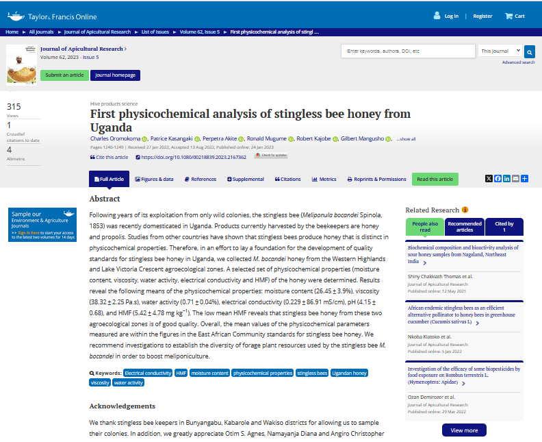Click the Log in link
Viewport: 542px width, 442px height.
(x=451, y=16)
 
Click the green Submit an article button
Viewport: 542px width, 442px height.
(x=64, y=75)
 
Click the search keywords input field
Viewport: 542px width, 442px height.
(x=408, y=51)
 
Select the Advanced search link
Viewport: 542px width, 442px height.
(x=518, y=62)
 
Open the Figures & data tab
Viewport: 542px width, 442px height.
(x=154, y=179)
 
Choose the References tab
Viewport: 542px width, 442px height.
(x=200, y=179)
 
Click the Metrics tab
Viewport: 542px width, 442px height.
(x=324, y=179)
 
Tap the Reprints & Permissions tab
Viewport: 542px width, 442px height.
(x=376, y=179)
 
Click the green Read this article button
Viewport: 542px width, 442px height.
(x=435, y=179)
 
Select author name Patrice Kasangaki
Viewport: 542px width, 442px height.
(x=172, y=138)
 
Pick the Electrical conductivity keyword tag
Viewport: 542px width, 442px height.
(x=148, y=373)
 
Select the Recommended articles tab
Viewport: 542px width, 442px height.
(x=465, y=227)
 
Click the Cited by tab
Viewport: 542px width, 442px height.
(x=504, y=227)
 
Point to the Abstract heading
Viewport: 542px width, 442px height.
(x=105, y=199)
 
